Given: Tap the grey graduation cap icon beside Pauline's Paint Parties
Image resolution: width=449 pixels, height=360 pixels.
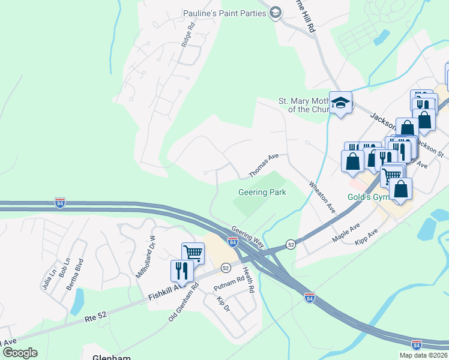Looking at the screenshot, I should coord(276,13).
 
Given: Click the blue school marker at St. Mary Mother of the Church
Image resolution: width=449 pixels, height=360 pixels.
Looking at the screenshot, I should coord(340,103).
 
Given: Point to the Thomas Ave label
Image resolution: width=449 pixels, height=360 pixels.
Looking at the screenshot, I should coord(264,165).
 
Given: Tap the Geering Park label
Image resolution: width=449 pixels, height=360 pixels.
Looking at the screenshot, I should coord(262,192).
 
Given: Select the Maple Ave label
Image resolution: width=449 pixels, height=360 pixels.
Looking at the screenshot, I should coord(346,233).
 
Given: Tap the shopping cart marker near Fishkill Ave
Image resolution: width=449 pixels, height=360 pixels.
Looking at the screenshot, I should coord(193,253).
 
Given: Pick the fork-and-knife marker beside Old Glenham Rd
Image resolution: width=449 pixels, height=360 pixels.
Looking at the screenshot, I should coord(182,271).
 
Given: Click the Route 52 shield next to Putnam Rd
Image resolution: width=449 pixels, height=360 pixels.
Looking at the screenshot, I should coord(226,267).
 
